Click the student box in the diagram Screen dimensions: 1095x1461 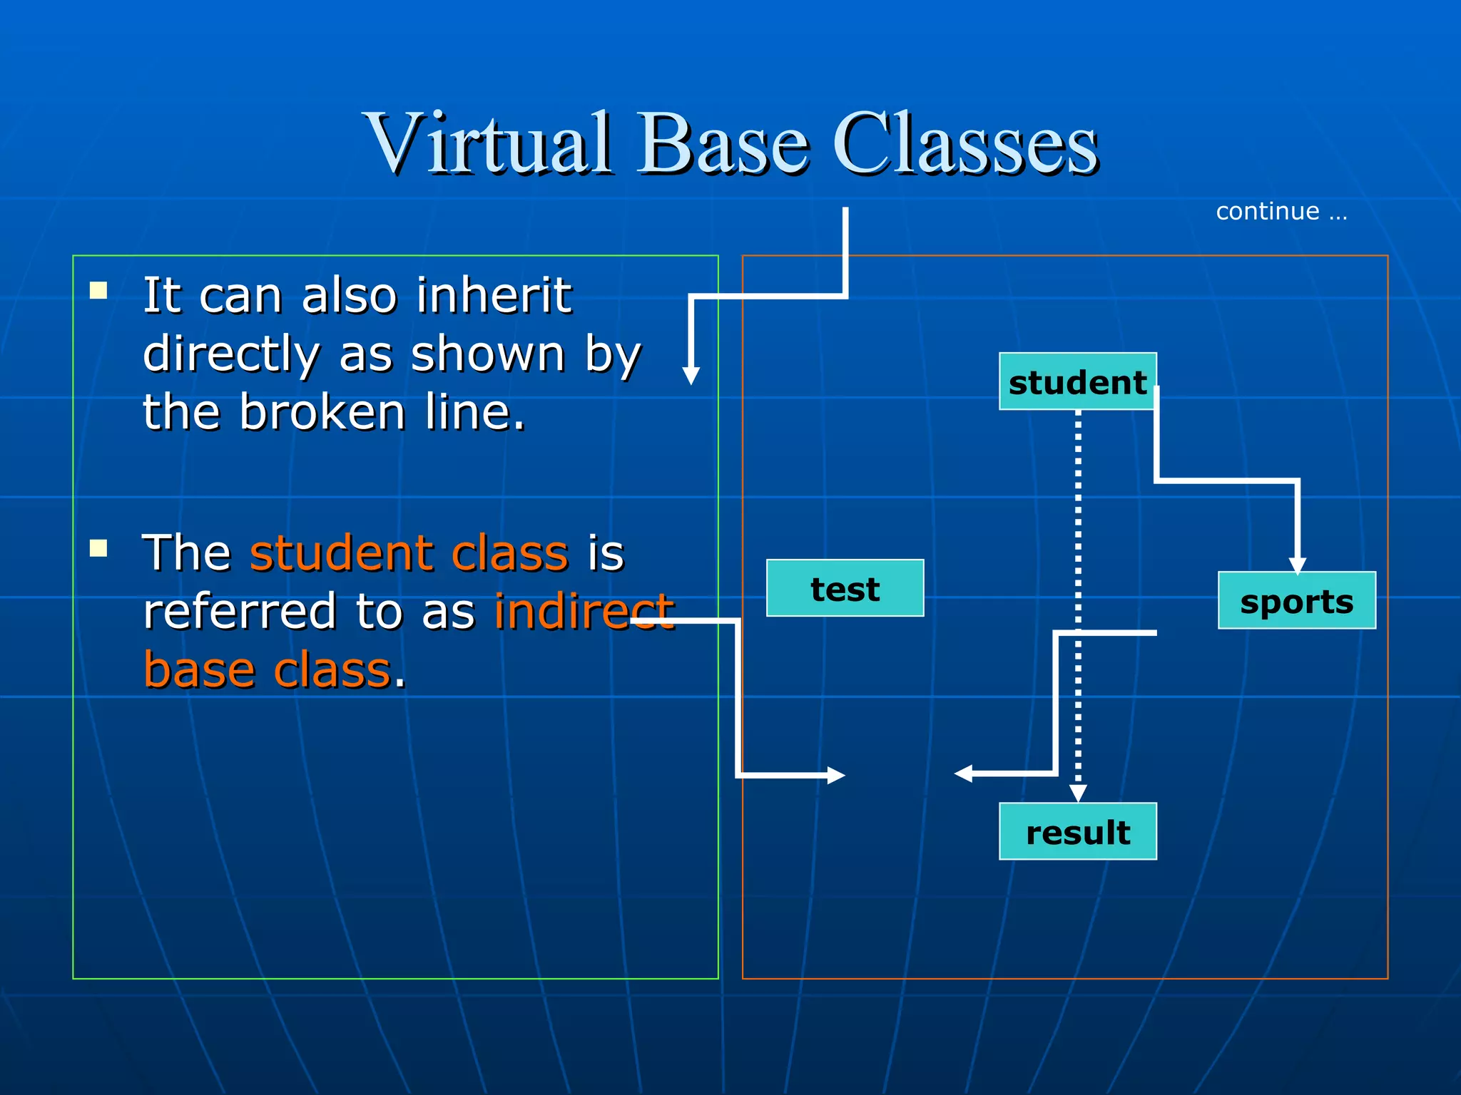click(x=1077, y=381)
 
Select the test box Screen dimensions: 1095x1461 click(x=845, y=588)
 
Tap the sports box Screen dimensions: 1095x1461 click(x=1296, y=600)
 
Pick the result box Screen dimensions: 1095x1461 click(x=1077, y=831)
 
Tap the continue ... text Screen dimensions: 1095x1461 click(x=1281, y=211)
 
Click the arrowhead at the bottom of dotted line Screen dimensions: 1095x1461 click(x=1078, y=793)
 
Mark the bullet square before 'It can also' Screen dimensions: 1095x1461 click(x=98, y=290)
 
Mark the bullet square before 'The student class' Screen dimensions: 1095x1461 click(x=98, y=547)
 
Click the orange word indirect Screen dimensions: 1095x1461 click(x=584, y=611)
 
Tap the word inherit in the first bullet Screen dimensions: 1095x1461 click(x=494, y=294)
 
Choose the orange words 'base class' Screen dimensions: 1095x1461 click(x=268, y=670)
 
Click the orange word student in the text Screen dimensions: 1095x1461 click(x=342, y=552)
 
